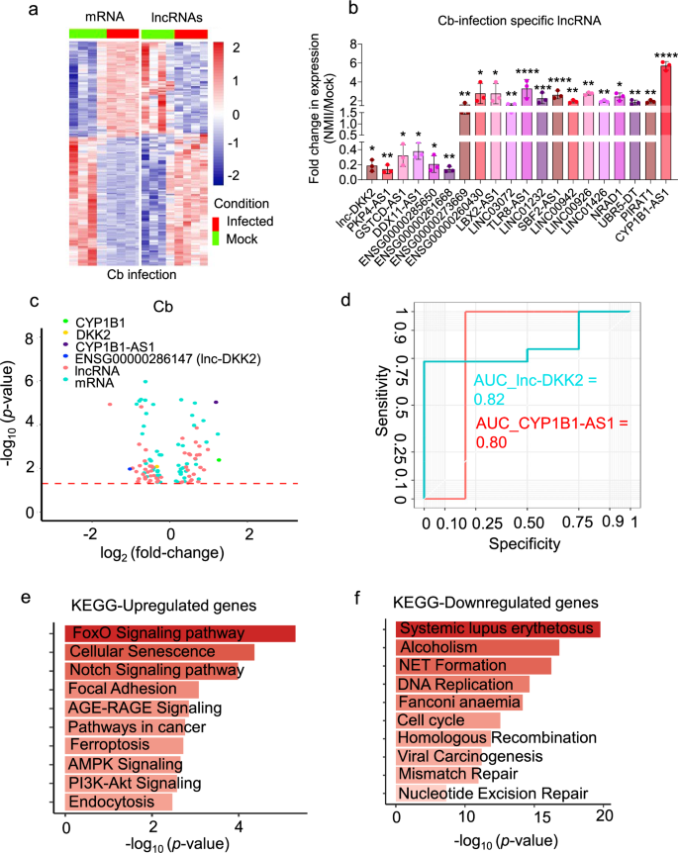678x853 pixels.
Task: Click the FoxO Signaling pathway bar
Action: pyautogui.click(x=179, y=633)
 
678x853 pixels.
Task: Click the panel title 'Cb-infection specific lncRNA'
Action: pyautogui.click(x=498, y=20)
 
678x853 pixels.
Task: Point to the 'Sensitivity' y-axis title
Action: pyautogui.click(x=381, y=404)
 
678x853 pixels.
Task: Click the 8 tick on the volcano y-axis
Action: pyautogui.click(x=31, y=337)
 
